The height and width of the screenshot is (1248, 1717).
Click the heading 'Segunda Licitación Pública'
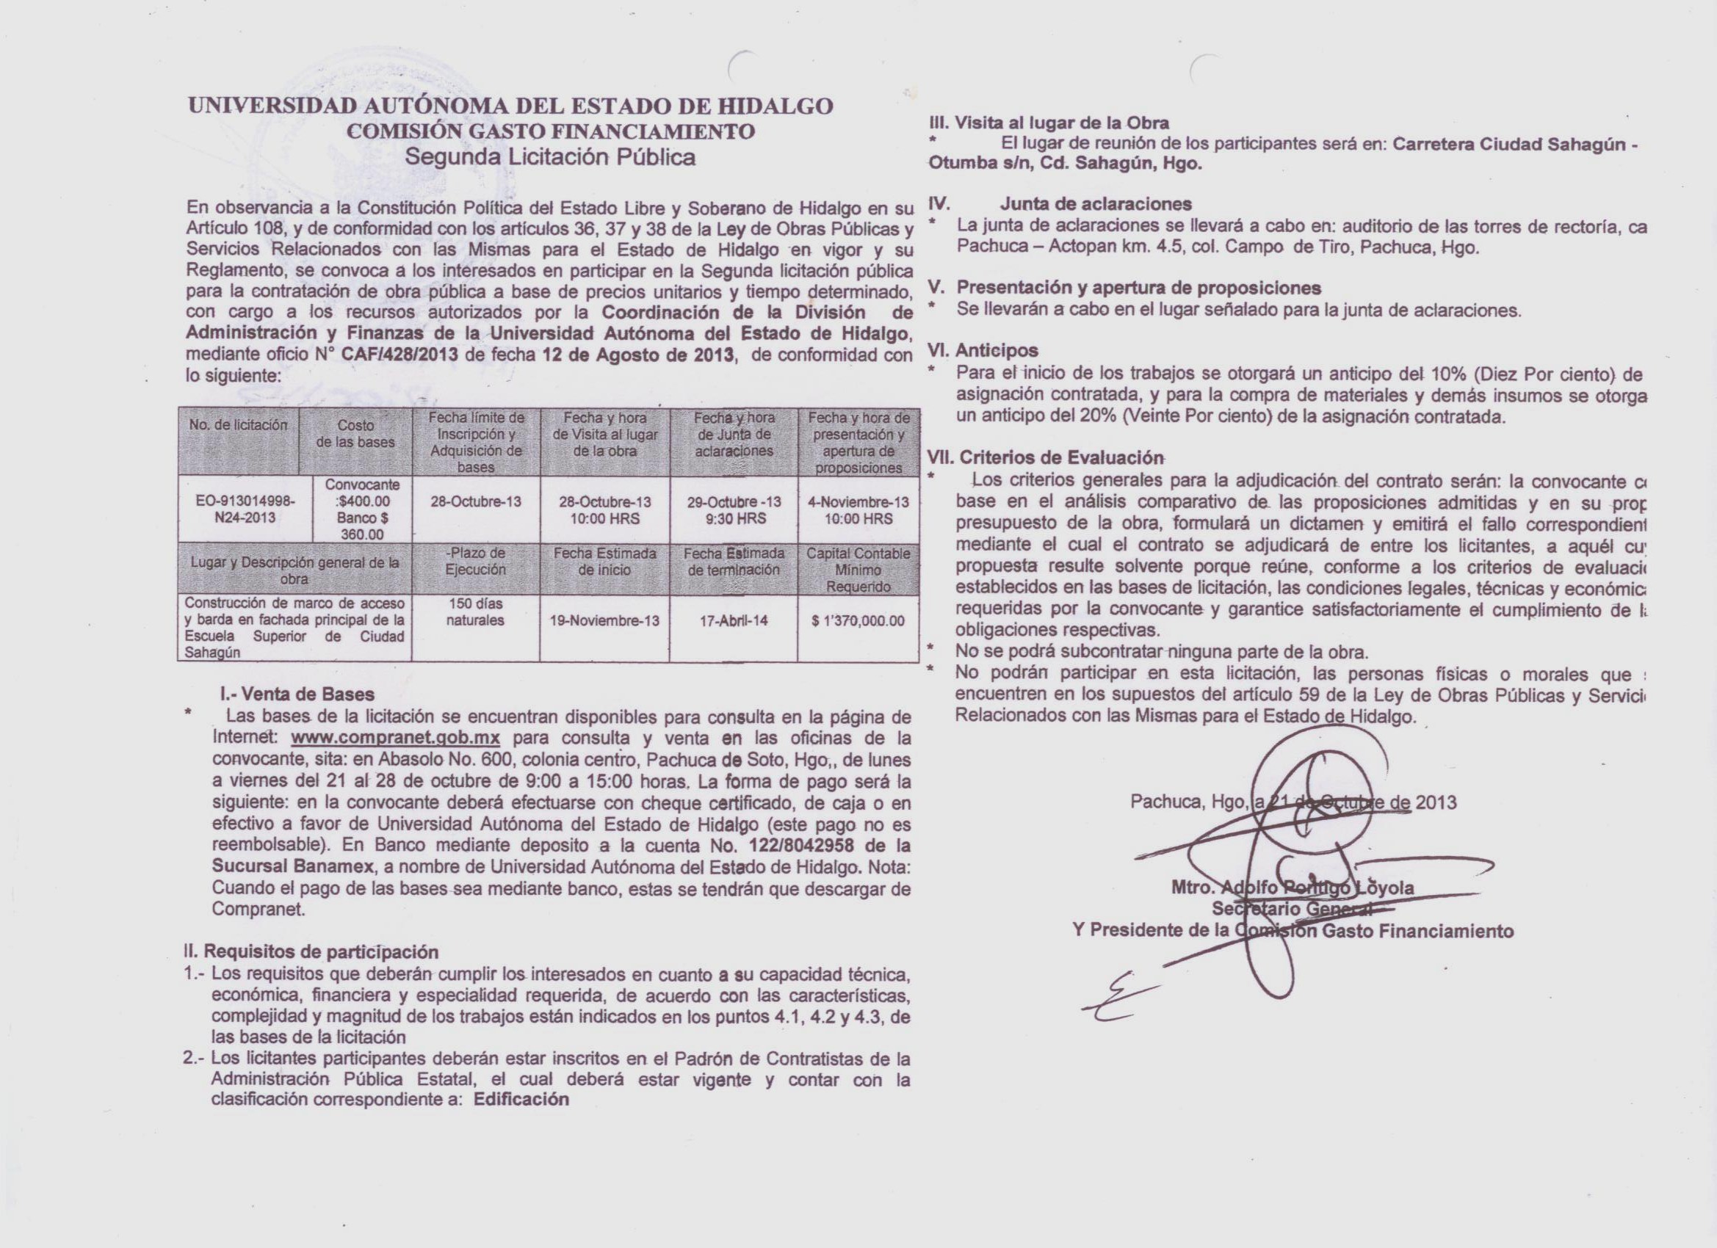tap(549, 157)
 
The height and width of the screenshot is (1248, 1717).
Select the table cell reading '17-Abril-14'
tap(734, 620)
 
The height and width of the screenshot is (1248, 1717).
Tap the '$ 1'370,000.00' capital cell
tap(858, 621)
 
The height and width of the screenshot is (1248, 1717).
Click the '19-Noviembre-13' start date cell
tap(604, 620)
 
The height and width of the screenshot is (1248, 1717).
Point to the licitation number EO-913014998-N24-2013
tap(245, 509)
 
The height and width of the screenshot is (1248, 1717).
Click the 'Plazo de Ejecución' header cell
tap(475, 561)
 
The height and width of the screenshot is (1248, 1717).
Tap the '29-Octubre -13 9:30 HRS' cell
tap(734, 510)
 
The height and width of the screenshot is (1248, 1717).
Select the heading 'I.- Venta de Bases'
tap(296, 694)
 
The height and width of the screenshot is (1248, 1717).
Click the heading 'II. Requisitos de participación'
tap(311, 952)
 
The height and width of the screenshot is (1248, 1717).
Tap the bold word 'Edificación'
tap(521, 1100)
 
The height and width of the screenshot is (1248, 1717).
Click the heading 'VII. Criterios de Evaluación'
tap(1045, 457)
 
